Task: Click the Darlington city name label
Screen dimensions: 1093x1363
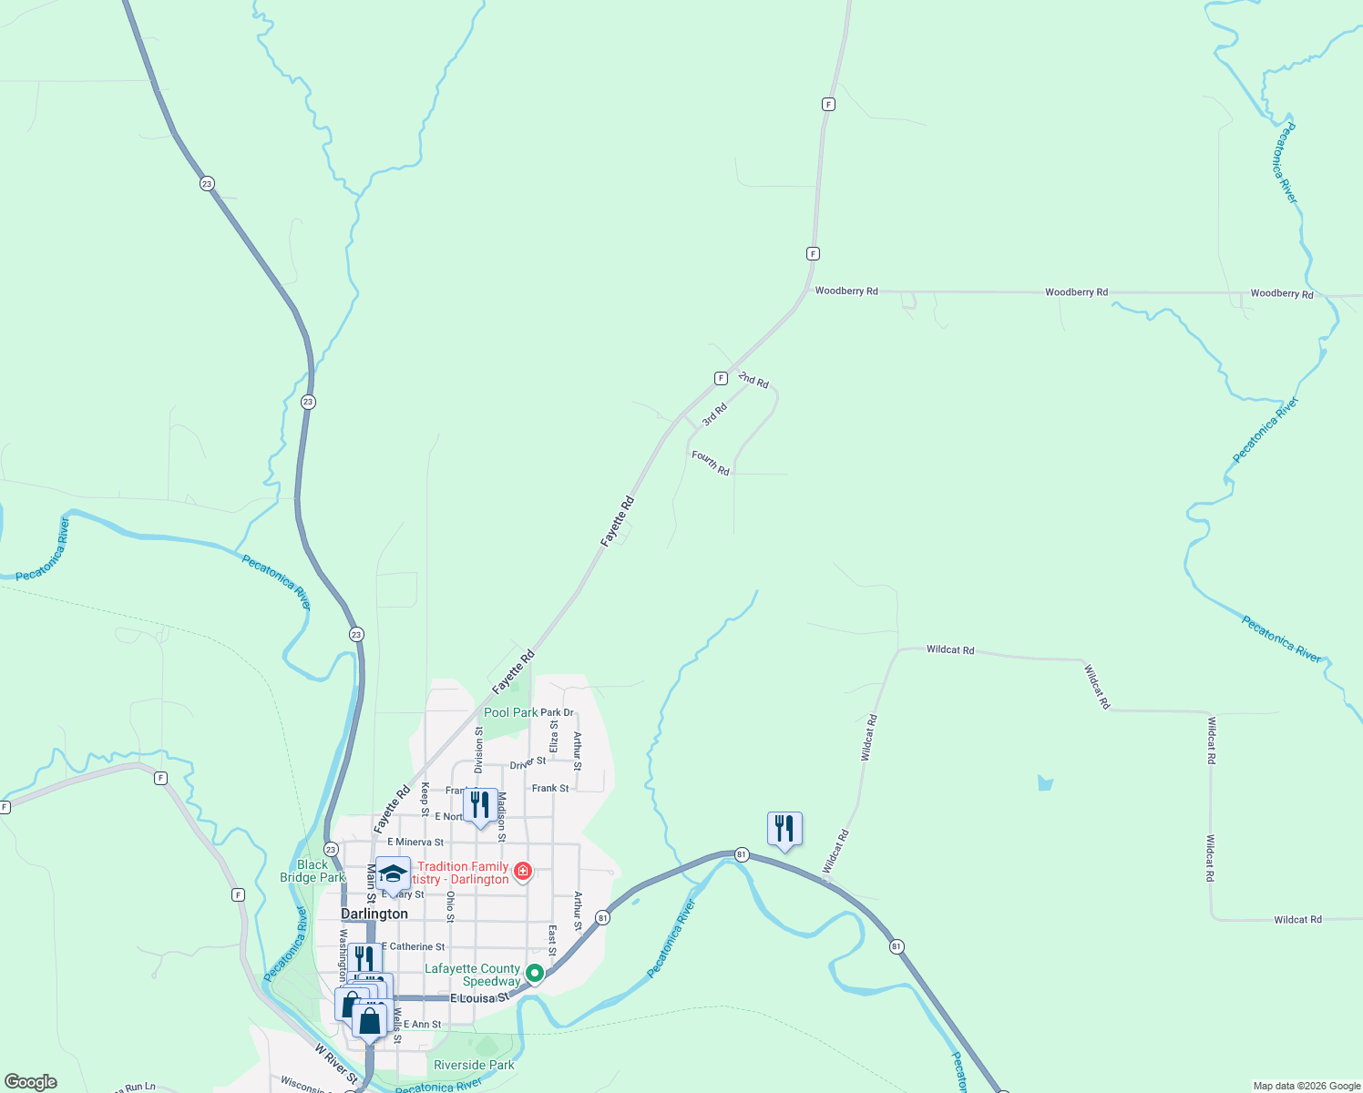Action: (x=374, y=914)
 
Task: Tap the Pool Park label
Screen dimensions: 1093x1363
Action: (x=510, y=712)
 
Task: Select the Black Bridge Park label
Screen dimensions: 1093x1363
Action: (x=313, y=871)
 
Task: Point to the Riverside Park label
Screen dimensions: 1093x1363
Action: (x=474, y=1065)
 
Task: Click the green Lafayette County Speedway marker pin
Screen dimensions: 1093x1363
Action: (x=535, y=973)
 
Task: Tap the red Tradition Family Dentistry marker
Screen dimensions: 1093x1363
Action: (x=523, y=871)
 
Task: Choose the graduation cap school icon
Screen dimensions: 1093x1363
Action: (x=393, y=874)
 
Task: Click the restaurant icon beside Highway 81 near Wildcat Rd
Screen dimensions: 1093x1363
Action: (x=784, y=828)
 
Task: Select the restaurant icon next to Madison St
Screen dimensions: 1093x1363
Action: (x=480, y=805)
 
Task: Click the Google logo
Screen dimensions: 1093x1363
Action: (x=30, y=1082)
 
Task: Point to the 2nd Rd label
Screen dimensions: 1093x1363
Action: (x=753, y=380)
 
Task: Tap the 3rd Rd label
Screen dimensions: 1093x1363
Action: (x=715, y=414)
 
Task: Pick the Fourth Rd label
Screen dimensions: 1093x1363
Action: (x=711, y=463)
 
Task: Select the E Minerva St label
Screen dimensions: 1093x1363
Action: (x=415, y=843)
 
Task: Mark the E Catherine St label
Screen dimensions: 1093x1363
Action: (x=414, y=947)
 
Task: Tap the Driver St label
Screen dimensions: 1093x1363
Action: (x=528, y=761)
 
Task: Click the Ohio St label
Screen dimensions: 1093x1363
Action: (x=450, y=906)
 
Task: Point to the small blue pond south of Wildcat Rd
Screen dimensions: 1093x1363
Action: (x=1045, y=782)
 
